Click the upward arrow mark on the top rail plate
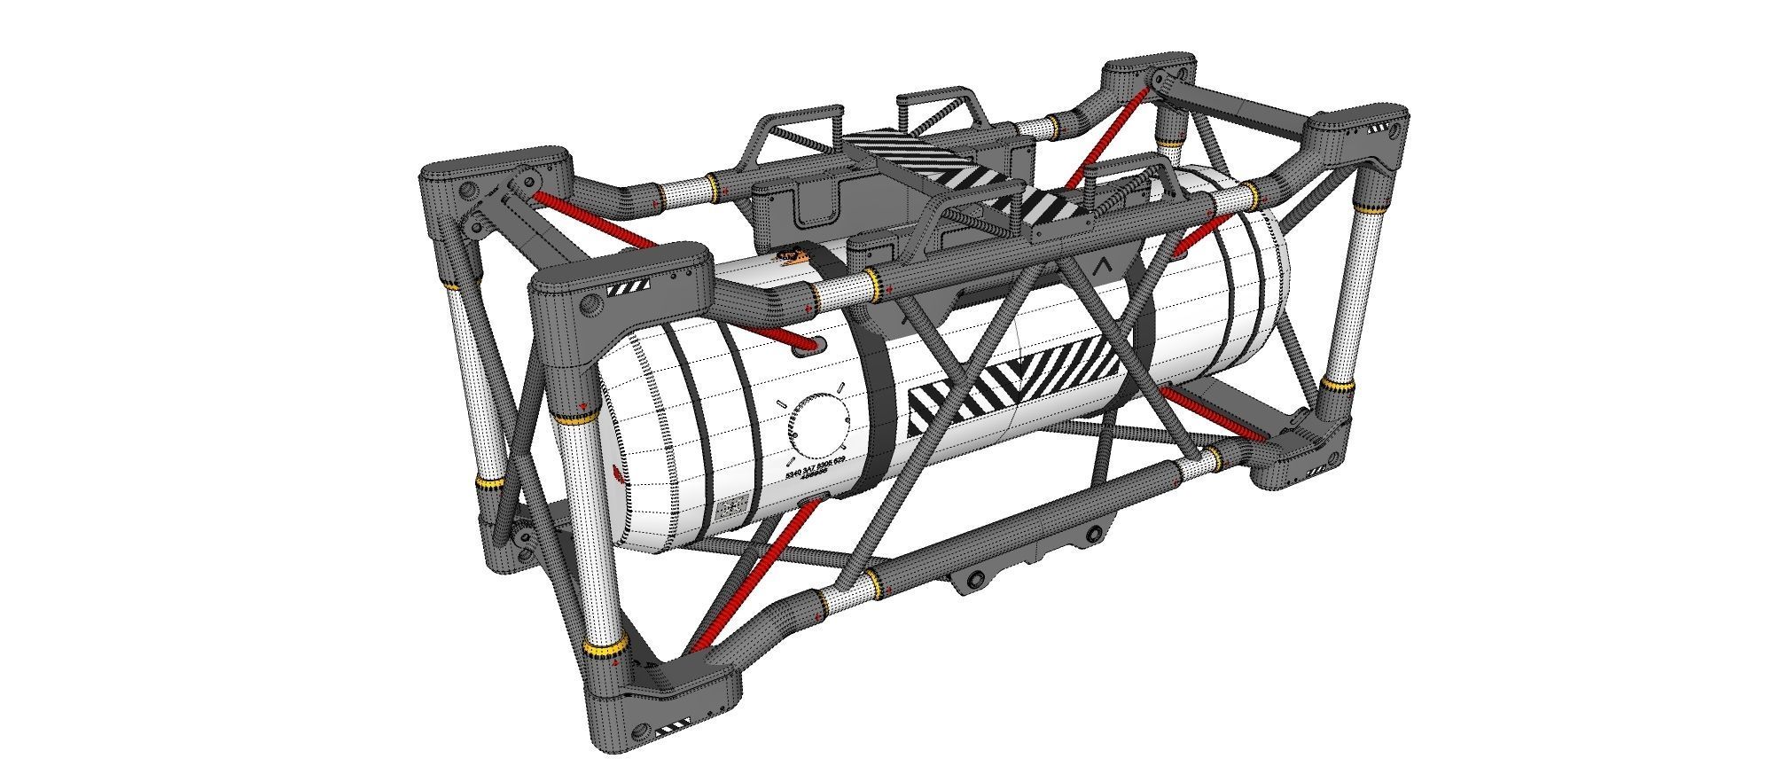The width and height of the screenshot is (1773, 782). pyautogui.click(x=1103, y=263)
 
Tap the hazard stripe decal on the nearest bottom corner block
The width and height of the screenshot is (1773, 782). pyautogui.click(x=671, y=731)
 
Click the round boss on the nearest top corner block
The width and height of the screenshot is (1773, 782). pyautogui.click(x=590, y=307)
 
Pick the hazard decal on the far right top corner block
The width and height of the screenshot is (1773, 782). pyautogui.click(x=1379, y=129)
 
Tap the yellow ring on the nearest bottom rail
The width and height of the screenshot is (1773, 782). pyautogui.click(x=873, y=582)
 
